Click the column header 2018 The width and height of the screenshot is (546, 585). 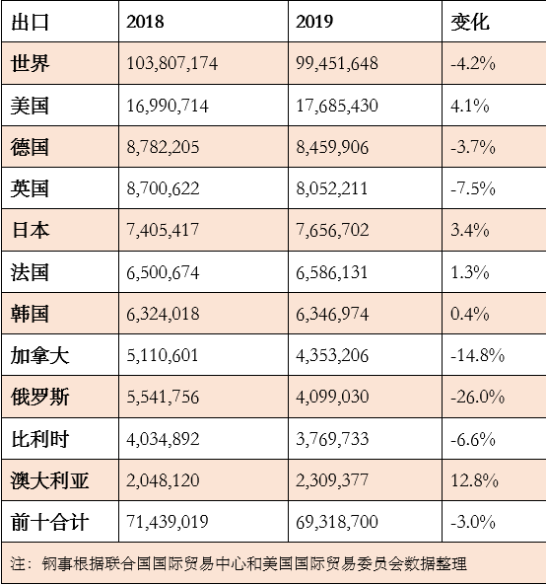coord(145,22)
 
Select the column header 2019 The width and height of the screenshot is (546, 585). coord(314,22)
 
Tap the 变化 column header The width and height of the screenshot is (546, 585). coord(469,22)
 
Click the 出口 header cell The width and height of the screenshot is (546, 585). coord(30,22)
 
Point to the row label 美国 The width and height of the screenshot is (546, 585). coord(30,106)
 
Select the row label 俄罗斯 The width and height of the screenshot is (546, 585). coord(39,397)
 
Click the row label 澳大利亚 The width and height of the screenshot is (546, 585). coord(49,480)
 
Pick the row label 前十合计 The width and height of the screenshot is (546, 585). coord(49,522)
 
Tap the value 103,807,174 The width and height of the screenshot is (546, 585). coord(171,63)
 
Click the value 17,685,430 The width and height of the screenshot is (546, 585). coord(337,106)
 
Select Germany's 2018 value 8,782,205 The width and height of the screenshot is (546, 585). coord(163,147)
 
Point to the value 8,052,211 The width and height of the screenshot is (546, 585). coord(332,188)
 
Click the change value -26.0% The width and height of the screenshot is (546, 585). coord(477,397)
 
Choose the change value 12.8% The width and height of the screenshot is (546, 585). coord(474,480)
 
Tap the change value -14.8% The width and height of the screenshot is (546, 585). coord(477,355)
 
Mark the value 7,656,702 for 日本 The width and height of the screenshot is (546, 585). coord(332,230)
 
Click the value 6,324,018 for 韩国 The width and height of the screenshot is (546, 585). coord(163,314)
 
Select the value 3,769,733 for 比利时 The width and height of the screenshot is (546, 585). coord(332,438)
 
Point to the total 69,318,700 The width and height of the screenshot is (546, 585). coord(337,522)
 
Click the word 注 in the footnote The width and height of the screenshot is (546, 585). coord(18,563)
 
